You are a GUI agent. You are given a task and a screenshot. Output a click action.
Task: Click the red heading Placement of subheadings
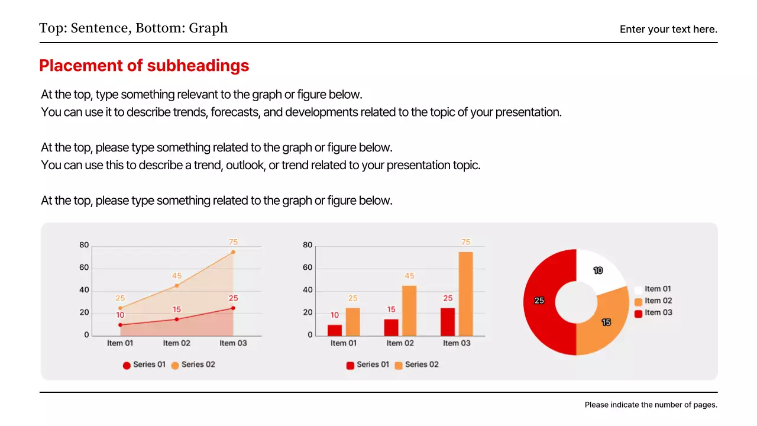coord(144,66)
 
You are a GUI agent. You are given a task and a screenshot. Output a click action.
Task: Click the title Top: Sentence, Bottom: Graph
coord(133,28)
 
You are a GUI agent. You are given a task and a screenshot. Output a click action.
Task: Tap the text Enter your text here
coord(668,29)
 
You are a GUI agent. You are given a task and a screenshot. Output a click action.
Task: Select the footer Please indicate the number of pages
coord(651,405)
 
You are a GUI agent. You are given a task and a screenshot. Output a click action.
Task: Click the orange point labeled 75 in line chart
coord(233,252)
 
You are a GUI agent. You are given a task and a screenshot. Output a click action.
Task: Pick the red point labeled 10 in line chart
coord(120,325)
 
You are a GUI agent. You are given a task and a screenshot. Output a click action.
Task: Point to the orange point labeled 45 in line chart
coord(177,286)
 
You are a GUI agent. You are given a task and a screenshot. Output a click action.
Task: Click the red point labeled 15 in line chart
coord(177,319)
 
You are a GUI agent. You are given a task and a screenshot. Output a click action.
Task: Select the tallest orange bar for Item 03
coord(465,294)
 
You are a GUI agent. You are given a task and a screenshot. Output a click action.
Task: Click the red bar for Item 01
coord(335,330)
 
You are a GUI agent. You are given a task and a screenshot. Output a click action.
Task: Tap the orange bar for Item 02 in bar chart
coord(409,311)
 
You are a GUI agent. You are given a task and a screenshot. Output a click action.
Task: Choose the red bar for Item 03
coord(448,322)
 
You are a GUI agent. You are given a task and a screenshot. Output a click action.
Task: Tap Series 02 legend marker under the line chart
coord(175,366)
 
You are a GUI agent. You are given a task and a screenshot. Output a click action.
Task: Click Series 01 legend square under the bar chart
coord(350,366)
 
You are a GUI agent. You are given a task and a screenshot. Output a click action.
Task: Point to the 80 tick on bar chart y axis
coord(308,245)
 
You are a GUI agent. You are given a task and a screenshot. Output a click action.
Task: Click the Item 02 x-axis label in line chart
coord(177,343)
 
